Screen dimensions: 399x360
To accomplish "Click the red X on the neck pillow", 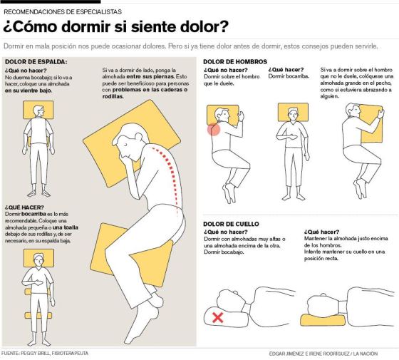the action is [217, 318].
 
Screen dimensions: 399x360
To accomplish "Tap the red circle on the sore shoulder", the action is [214, 129].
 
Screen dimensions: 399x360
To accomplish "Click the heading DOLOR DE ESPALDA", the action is [36, 61].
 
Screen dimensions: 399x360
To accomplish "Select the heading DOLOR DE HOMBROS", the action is [235, 61].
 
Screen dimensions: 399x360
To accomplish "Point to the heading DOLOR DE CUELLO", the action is [231, 224].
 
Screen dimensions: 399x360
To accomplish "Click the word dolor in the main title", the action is [197, 26].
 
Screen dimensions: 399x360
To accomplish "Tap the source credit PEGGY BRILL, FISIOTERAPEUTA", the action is [54, 354].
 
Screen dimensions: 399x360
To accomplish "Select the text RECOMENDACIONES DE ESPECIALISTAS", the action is [63, 11].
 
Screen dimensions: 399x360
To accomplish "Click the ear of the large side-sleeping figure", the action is [139, 137].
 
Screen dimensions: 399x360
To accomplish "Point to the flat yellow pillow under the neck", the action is [323, 320].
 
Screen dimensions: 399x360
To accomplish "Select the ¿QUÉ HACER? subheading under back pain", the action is [24, 207].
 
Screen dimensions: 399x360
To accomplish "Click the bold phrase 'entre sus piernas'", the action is [150, 77].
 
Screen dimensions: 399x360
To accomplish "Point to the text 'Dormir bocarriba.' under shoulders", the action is [289, 76].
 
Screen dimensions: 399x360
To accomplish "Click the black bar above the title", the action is [50, 1].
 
